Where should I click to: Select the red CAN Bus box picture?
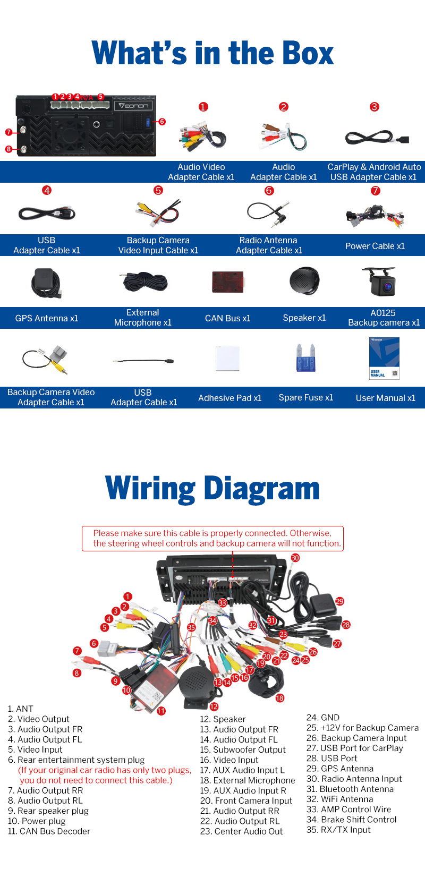[227, 282]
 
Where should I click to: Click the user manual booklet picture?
[384, 358]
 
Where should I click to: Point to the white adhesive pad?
[227, 359]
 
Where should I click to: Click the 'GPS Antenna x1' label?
[47, 318]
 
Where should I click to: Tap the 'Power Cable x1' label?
[375, 246]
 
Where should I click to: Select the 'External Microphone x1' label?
[142, 318]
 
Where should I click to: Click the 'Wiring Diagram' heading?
[212, 488]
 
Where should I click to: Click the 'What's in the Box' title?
[212, 53]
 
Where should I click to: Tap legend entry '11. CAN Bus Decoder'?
[49, 831]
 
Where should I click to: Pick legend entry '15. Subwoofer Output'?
[243, 750]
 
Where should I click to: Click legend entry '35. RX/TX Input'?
[338, 830]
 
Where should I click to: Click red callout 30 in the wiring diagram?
[295, 558]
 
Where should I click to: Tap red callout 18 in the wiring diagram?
[279, 698]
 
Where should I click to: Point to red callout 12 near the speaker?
[214, 706]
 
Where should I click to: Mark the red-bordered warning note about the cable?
[212, 538]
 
